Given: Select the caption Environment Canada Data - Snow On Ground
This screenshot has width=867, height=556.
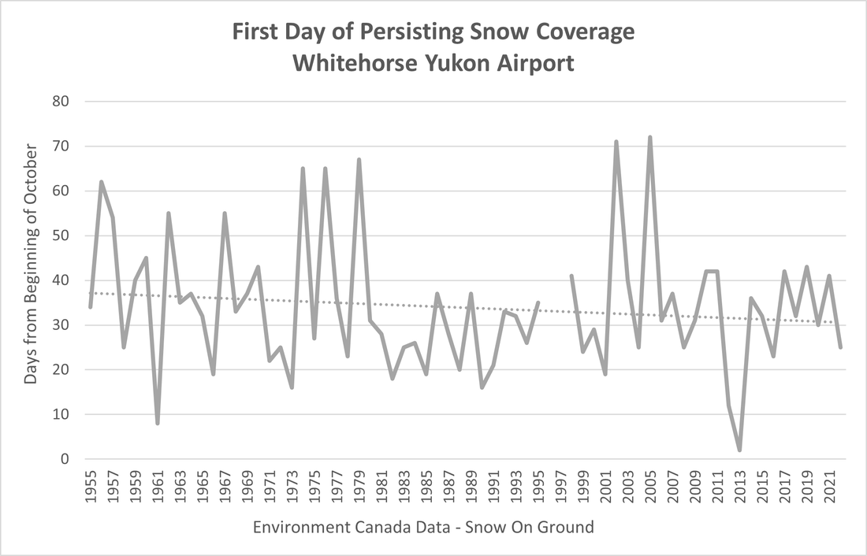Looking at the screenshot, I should click(x=423, y=527).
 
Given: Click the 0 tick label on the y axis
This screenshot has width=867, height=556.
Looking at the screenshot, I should click(x=66, y=459).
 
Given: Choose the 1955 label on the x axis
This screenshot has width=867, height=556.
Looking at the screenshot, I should click(x=91, y=490).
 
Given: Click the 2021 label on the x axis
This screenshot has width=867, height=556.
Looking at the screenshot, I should click(x=829, y=490).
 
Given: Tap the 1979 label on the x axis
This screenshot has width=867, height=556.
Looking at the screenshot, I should click(x=359, y=490).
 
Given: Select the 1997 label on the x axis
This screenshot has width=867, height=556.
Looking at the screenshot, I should click(x=560, y=490).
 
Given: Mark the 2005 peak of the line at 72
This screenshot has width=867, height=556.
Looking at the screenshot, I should click(x=650, y=138).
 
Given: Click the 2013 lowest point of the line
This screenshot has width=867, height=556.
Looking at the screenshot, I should click(x=739, y=450).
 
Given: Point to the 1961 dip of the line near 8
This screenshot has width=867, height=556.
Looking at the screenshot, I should click(x=158, y=423).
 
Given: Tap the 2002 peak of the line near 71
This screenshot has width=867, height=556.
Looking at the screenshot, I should click(x=616, y=143).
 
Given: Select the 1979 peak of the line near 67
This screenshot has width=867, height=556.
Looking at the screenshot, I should click(x=359, y=160).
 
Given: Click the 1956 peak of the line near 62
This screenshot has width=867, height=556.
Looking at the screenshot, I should click(x=102, y=182).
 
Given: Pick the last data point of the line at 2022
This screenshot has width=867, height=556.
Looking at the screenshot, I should click(x=840, y=347).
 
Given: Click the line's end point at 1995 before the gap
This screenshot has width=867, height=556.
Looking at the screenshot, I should click(x=538, y=302).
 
